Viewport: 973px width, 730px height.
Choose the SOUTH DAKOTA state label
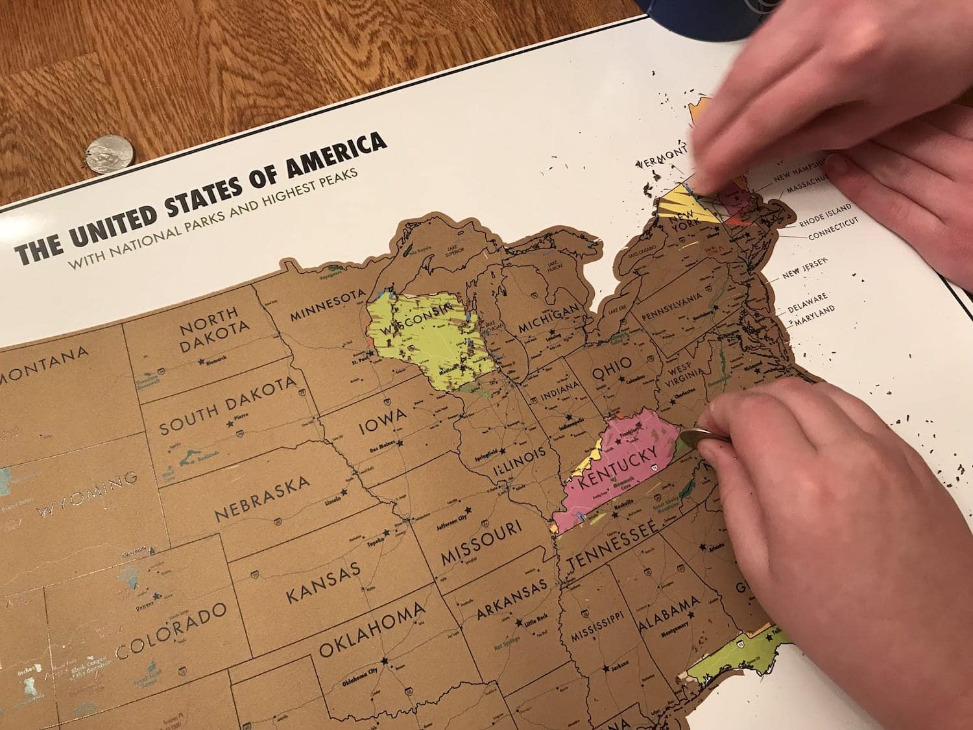tap(227, 406)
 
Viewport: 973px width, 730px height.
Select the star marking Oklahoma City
tap(385, 661)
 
